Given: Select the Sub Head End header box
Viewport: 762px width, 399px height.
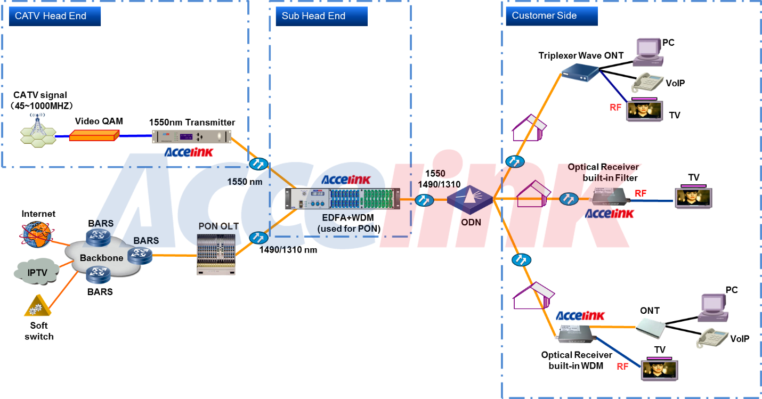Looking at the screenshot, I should [318, 16].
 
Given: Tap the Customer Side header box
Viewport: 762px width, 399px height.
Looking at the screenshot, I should [549, 16].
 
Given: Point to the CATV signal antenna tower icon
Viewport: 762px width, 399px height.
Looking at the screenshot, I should [37, 131].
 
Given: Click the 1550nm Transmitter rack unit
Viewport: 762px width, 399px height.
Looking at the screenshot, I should [192, 137].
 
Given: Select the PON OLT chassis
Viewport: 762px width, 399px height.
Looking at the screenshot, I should [215, 254].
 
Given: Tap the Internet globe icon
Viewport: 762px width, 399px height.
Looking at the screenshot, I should [37, 234].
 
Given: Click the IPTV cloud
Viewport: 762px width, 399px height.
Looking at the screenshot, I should [37, 272].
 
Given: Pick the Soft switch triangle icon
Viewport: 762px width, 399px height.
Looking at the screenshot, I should [37, 307].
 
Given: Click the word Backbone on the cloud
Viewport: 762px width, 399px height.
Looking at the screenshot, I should [101, 258].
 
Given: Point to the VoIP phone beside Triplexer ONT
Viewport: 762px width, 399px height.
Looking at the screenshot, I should [646, 83].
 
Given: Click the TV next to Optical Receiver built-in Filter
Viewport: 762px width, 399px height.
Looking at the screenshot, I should [693, 197].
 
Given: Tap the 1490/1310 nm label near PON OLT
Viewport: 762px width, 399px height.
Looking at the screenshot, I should [288, 249].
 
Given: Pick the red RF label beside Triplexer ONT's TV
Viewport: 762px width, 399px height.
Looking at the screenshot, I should [615, 108].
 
